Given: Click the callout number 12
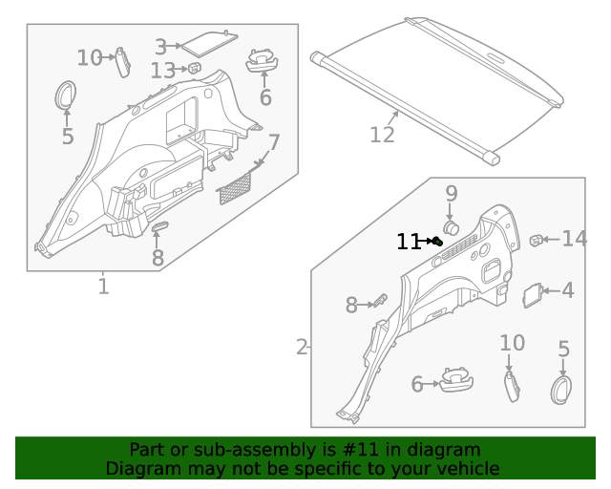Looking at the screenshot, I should coord(382,136).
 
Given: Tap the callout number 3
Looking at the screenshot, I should coord(161,46).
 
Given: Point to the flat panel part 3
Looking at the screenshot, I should coord(208,42).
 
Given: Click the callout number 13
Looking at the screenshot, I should coord(162,71).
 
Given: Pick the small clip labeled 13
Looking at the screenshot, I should coord(193,68).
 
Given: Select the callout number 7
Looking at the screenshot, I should coord(274,143).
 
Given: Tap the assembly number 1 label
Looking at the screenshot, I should coord(102,286).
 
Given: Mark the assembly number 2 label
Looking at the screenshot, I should coord(302,347).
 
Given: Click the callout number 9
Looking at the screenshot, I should coord(452,193).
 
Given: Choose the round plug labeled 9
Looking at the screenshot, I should coord(452,227).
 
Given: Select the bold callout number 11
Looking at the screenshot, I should coord(408,243).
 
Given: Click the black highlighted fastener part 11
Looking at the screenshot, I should coord(436,242).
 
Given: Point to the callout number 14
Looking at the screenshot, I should coord(574,239).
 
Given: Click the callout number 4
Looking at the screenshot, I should coord(568,290).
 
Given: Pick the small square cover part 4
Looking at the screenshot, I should coord(534,295).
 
